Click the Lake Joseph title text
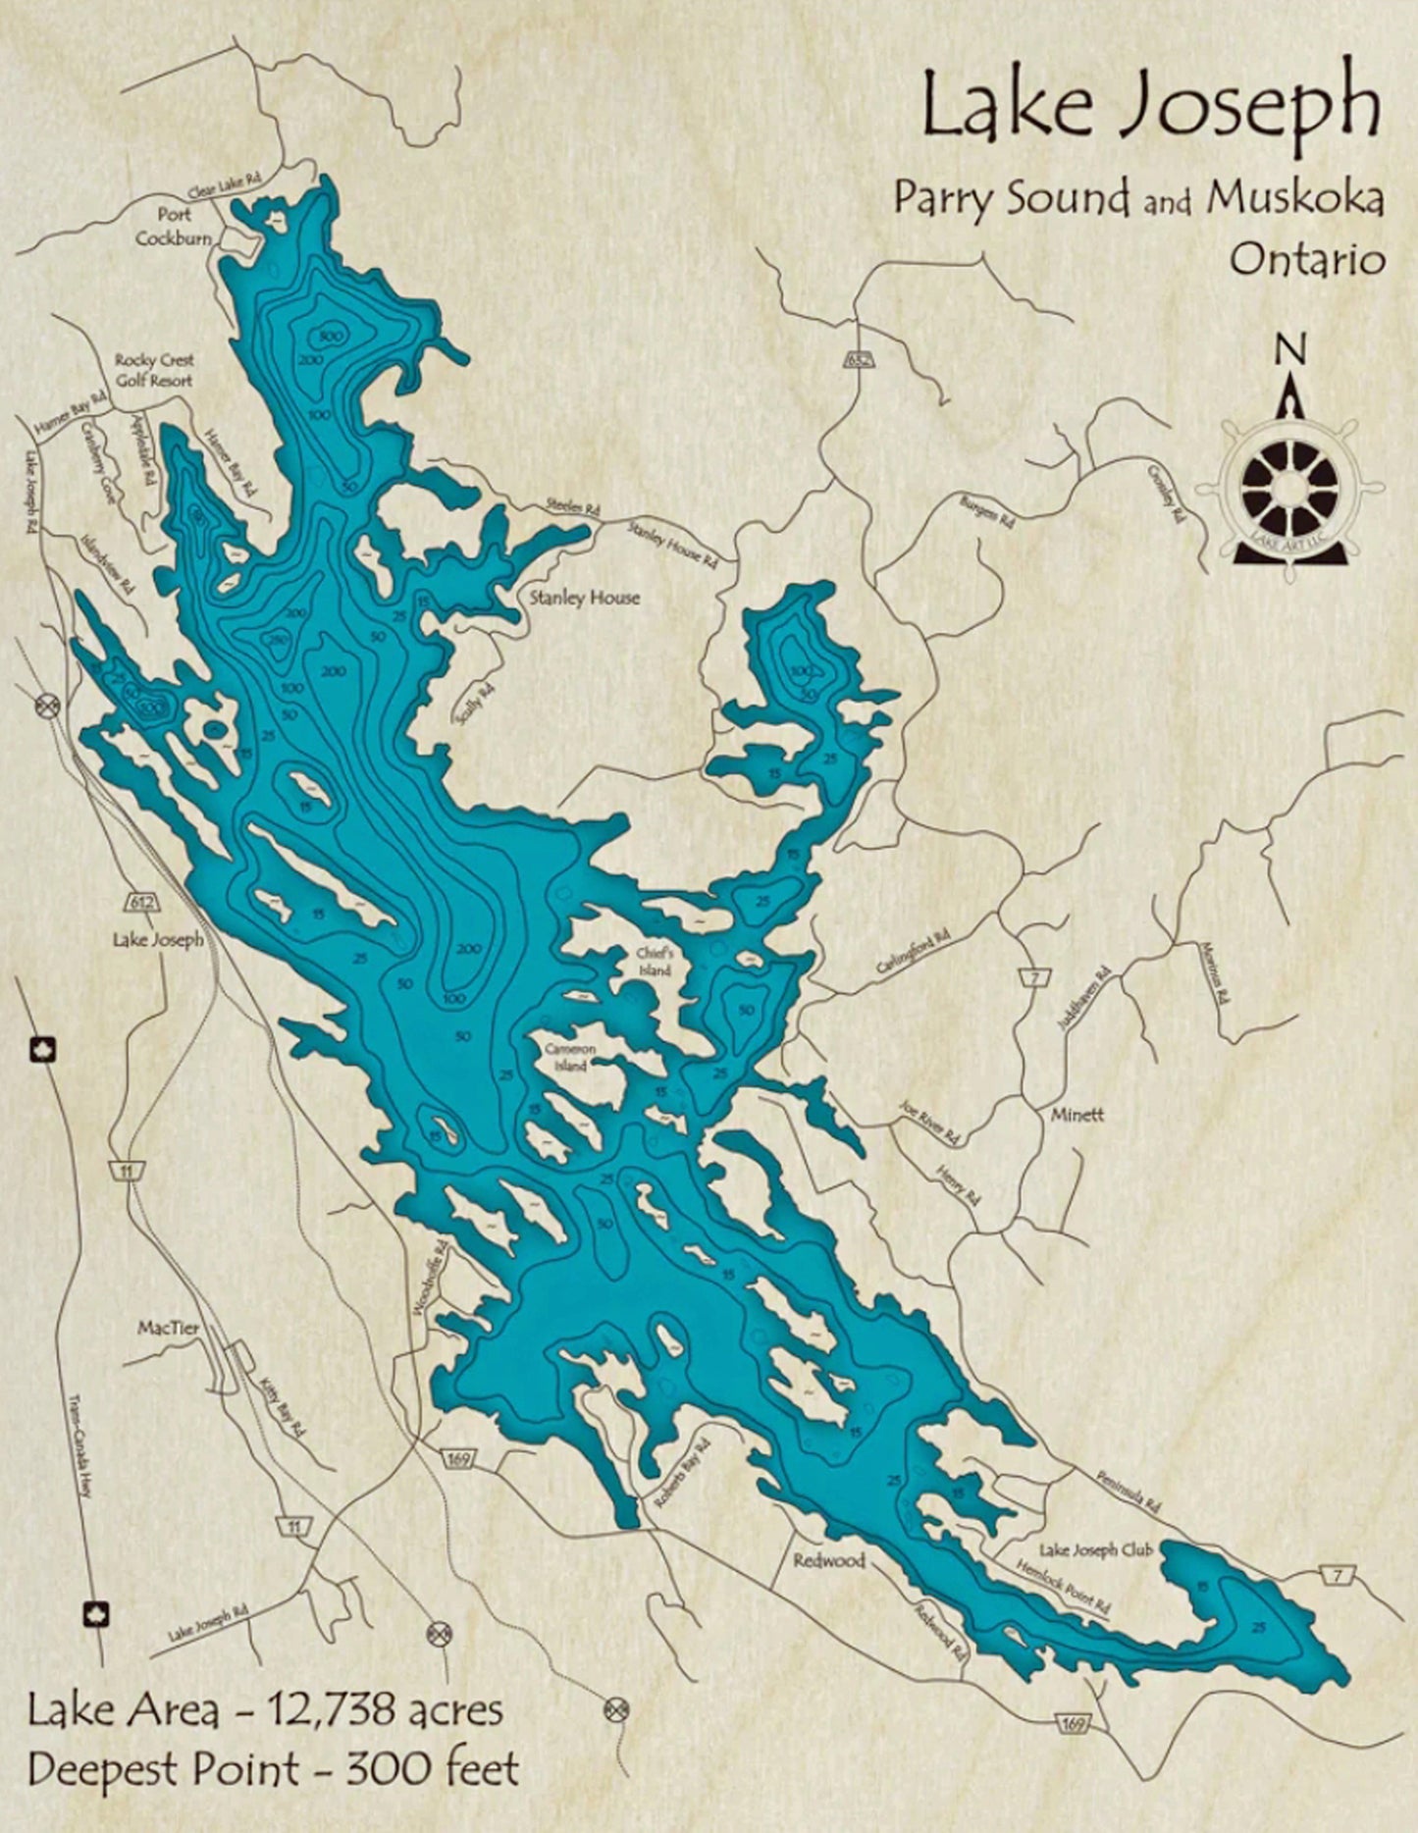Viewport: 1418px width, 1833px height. pos(1150,110)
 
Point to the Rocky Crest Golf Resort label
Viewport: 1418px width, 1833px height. pos(154,370)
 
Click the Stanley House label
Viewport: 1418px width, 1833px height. pos(585,597)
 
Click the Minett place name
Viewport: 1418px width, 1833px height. pos(1077,1115)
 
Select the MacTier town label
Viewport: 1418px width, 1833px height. pos(168,1328)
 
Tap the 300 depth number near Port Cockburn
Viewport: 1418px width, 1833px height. pos(331,337)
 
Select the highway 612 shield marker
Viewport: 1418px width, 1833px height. pos(138,900)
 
